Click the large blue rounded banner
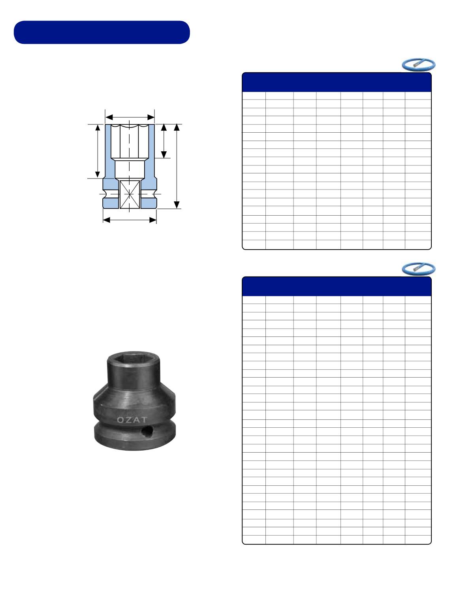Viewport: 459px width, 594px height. pos(102,32)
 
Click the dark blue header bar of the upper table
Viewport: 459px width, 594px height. pos(337,82)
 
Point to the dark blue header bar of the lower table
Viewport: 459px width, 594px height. pos(337,286)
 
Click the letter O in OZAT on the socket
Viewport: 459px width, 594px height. pos(120,420)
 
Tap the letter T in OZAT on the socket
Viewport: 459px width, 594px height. pos(144,419)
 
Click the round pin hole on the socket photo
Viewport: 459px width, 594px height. pos(147,432)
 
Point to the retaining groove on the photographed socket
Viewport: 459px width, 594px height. pos(134,425)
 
